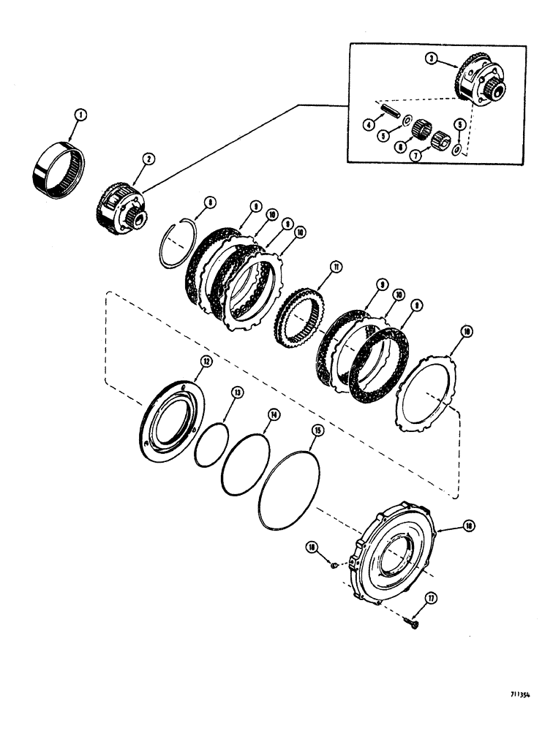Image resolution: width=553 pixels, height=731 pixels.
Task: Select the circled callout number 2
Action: [x=148, y=157]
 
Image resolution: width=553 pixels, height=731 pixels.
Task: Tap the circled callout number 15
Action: [x=317, y=431]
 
